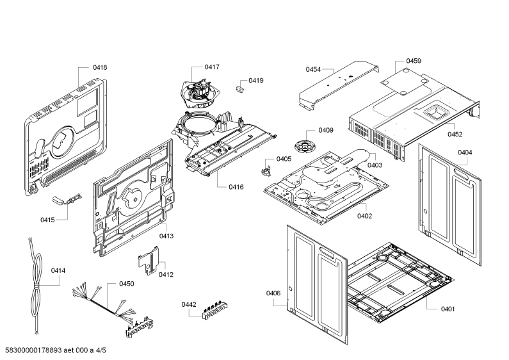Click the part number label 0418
click(100, 68)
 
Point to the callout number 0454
click(313, 69)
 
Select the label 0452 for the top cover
click(455, 134)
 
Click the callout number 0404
click(465, 152)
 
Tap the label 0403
click(375, 165)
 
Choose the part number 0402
click(364, 216)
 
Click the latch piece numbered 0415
click(67, 199)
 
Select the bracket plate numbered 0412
click(149, 261)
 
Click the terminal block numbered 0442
click(214, 310)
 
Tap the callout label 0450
click(127, 284)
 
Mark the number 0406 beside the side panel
click(273, 293)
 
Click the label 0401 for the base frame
click(448, 309)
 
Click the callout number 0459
click(414, 61)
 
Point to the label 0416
click(236, 187)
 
